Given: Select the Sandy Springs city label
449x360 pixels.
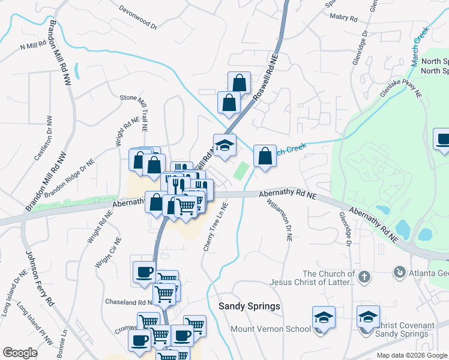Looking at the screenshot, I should tap(249, 306).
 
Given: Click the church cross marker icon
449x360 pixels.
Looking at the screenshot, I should tap(363, 277).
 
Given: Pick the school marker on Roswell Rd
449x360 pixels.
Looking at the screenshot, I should tap(225, 146).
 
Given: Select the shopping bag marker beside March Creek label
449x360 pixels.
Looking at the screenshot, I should tap(265, 157).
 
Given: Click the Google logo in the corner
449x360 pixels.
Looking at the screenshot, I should tap(20, 353).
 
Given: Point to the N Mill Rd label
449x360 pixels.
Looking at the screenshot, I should tap(34, 45).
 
